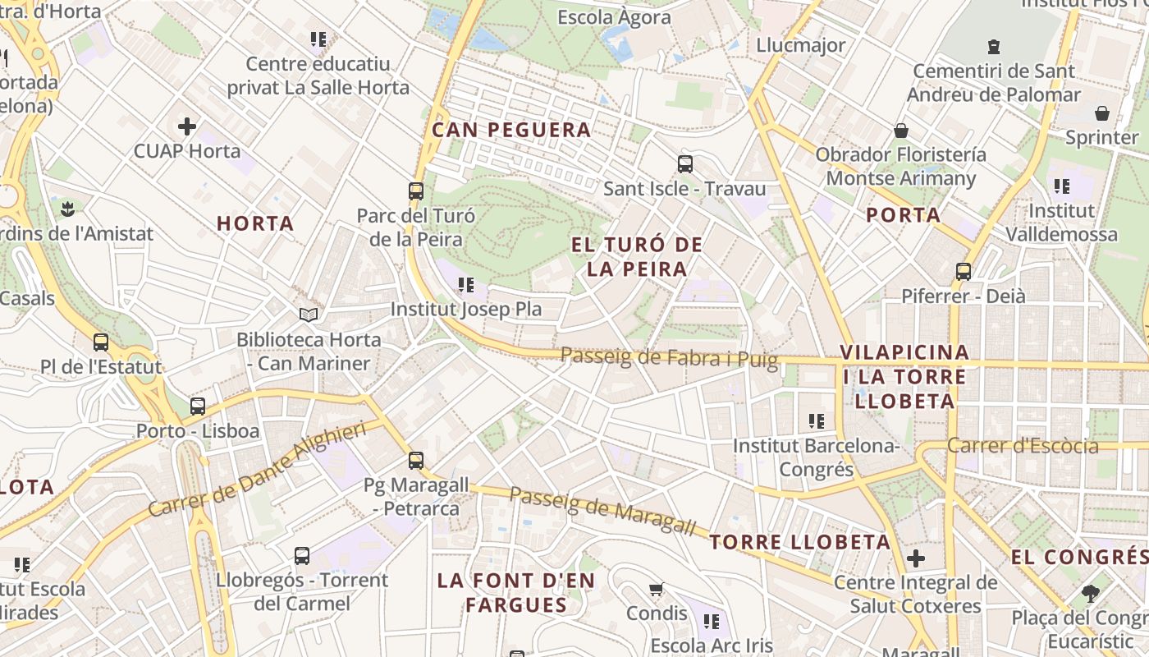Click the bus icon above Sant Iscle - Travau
click(x=685, y=163)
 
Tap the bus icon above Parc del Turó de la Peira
click(x=416, y=191)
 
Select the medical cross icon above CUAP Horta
click(x=187, y=126)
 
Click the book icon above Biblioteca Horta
click(x=309, y=315)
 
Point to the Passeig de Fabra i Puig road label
click(x=669, y=357)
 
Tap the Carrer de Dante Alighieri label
click(x=257, y=470)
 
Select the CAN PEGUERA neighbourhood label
click(x=511, y=130)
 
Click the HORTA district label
click(x=255, y=223)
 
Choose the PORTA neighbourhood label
click(x=904, y=215)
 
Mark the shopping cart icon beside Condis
click(x=656, y=589)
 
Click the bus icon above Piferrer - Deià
click(x=964, y=271)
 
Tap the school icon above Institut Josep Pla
click(x=466, y=285)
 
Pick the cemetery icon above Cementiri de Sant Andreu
click(x=995, y=46)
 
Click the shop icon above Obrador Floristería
click(x=901, y=131)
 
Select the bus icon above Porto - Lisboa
click(x=198, y=406)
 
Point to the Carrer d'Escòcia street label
click(x=1023, y=446)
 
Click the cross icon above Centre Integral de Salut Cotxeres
click(x=916, y=559)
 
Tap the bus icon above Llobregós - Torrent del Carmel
click(x=302, y=556)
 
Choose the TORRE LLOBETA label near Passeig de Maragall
click(x=800, y=542)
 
